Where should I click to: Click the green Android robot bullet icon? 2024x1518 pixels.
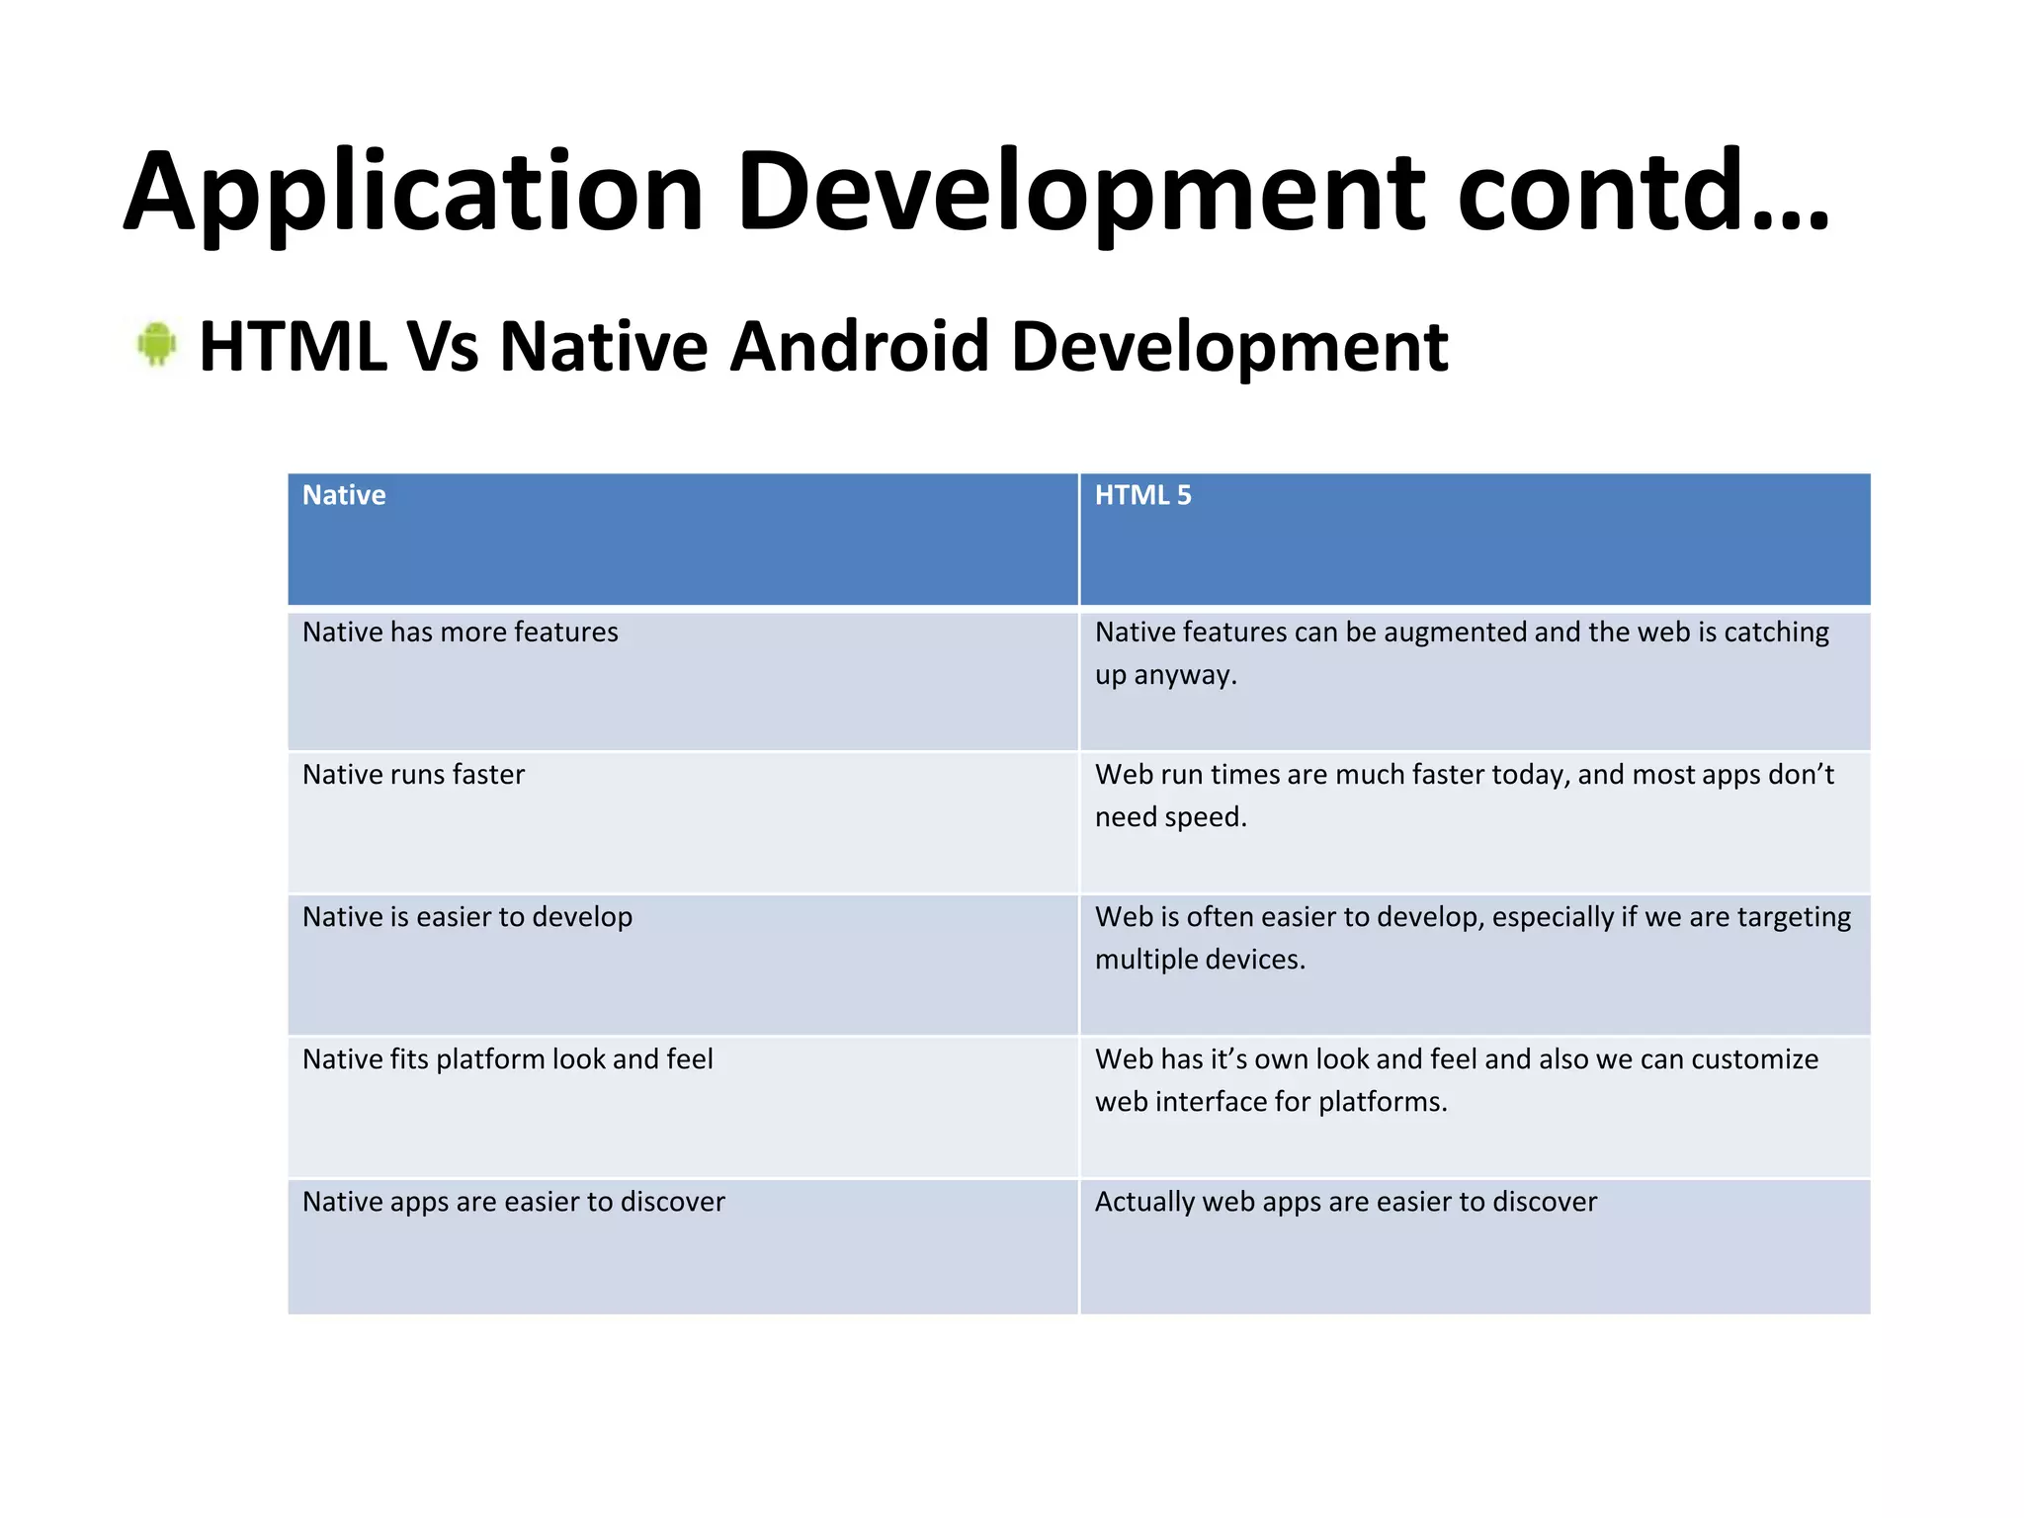point(156,344)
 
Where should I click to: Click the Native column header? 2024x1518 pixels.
point(344,495)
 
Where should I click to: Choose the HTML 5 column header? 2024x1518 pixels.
point(1143,495)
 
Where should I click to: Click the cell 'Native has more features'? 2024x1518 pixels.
point(461,632)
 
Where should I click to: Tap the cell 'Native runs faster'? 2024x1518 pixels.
point(413,775)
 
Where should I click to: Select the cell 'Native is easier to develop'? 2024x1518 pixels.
point(467,917)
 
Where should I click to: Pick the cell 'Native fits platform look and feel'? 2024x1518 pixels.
point(508,1059)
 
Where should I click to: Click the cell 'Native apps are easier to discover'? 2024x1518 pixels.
point(514,1202)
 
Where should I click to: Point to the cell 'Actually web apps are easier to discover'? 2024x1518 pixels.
point(1346,1202)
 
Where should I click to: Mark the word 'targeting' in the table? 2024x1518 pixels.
point(1794,917)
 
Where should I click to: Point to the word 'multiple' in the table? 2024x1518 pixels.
point(1145,960)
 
